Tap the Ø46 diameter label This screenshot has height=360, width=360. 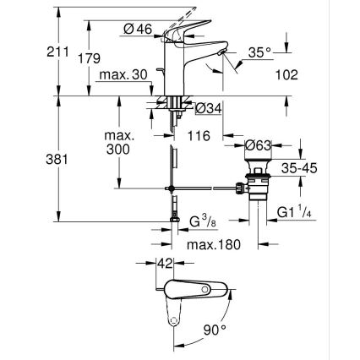click(x=137, y=30)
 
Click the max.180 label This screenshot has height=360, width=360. click(x=215, y=244)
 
